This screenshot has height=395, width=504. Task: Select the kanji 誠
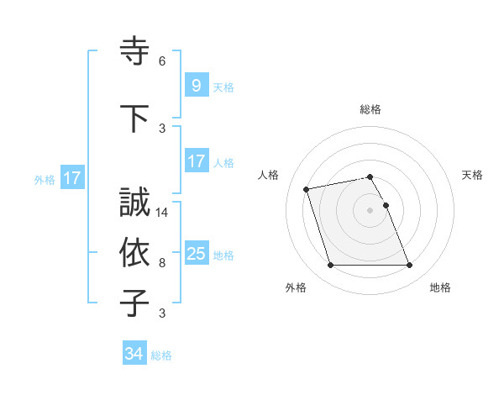tap(134, 203)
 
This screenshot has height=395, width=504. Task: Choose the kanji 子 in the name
tap(134, 303)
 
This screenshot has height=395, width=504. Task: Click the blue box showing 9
tap(196, 86)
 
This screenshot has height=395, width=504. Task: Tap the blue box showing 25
tap(196, 254)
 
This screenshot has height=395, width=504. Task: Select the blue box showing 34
tap(134, 355)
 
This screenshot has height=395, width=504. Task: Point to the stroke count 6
tap(162, 61)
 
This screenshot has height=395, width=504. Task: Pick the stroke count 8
tap(162, 262)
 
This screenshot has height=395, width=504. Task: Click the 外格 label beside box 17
tap(45, 179)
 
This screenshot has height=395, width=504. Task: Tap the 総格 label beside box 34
tap(161, 355)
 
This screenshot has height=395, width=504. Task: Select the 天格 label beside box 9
tap(223, 87)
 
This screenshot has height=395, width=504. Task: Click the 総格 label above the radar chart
tap(370, 109)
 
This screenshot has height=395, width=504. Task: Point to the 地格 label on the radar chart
tap(440, 288)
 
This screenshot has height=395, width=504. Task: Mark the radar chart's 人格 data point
tap(307, 188)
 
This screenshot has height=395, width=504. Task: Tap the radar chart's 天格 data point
tap(386, 205)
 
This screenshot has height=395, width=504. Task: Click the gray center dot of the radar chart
tap(370, 210)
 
